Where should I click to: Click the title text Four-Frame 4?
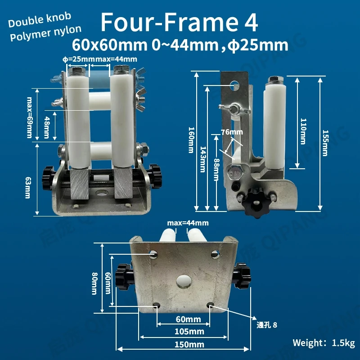pos(179,22)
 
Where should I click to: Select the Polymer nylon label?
pos(45,31)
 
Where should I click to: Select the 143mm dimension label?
pos(202,159)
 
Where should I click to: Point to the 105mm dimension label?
pos(184,332)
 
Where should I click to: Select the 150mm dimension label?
pos(184,345)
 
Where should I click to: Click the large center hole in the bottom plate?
pos(184,279)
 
